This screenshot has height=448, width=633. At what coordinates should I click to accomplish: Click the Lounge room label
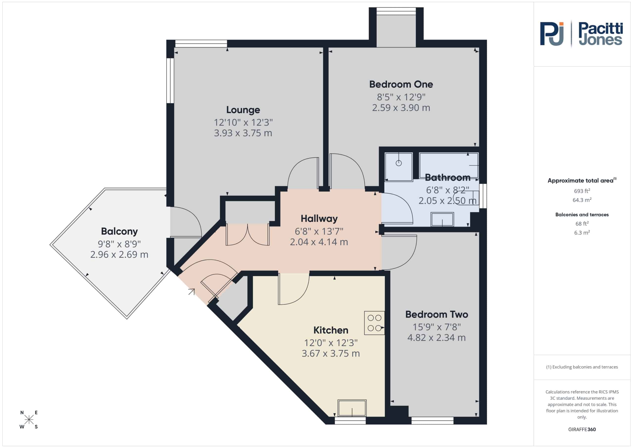(x=243, y=110)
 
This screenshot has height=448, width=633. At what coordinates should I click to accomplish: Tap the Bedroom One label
(x=401, y=84)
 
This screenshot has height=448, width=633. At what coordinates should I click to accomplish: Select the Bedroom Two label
(x=437, y=314)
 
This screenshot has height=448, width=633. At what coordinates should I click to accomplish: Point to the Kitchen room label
(x=331, y=330)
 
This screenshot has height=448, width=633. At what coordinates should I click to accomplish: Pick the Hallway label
(x=319, y=219)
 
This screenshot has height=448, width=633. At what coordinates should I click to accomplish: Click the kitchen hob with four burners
(x=374, y=323)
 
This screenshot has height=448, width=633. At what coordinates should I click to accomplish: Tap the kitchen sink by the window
(x=352, y=408)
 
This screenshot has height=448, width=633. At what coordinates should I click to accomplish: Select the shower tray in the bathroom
(x=399, y=167)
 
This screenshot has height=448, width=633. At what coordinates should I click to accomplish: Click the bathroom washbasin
(x=442, y=219)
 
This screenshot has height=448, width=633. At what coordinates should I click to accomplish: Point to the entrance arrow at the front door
(x=192, y=292)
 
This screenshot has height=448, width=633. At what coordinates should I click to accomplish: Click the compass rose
(x=29, y=420)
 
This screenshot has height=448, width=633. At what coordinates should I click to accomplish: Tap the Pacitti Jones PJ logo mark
(x=552, y=34)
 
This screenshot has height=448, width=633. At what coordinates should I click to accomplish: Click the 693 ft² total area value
(x=582, y=191)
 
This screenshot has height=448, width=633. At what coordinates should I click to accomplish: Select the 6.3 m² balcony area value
(x=582, y=233)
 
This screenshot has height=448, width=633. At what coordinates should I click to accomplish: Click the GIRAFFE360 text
(x=582, y=429)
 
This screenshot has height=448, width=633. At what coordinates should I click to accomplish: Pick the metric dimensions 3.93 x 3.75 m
(x=243, y=133)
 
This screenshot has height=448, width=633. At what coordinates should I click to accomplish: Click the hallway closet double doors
(x=248, y=235)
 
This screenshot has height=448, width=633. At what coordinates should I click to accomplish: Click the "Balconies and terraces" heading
(x=582, y=215)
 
